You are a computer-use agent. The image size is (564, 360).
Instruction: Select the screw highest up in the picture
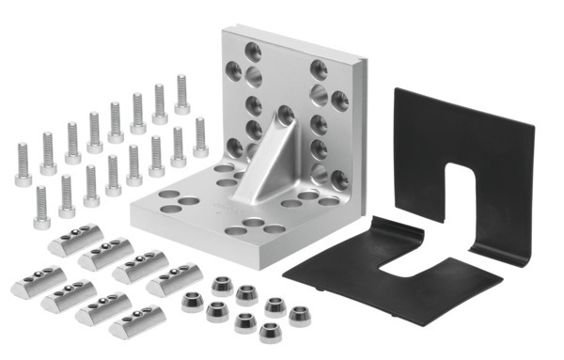pyautogui.click(x=181, y=94)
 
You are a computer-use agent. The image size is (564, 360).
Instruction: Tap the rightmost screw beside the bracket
pyautogui.click(x=199, y=137)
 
